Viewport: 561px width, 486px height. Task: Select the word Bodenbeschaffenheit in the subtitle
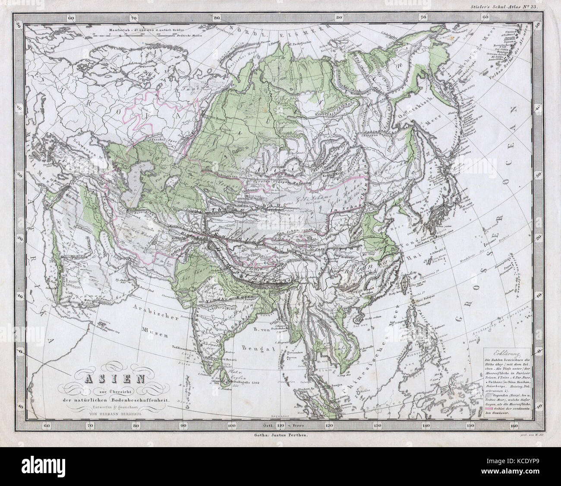tap(140, 400)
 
